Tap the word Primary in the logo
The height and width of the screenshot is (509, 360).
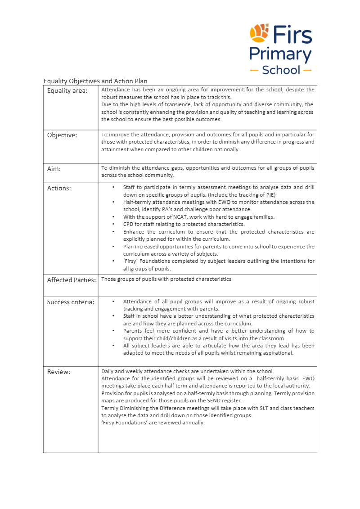pos(280,54)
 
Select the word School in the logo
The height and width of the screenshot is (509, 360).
pos(281,70)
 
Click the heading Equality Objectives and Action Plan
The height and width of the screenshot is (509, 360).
pos(95,81)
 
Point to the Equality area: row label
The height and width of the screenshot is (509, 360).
pos(67,90)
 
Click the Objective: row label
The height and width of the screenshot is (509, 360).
pos(62,135)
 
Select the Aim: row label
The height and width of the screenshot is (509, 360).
pos(54,169)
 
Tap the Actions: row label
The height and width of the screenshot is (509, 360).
pos(59,188)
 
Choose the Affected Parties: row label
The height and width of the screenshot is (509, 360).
pos(72,280)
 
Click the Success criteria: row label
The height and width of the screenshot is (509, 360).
pos(71,302)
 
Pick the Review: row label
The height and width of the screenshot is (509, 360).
pos(59,372)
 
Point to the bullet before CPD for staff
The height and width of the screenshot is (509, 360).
pos(113,224)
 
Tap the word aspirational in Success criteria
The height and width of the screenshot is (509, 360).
pos(278,353)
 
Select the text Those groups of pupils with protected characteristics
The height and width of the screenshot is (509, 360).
pos(166,279)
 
